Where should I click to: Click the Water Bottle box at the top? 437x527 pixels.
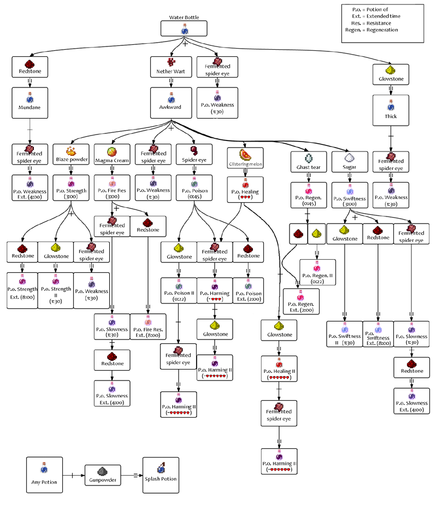coord(184,28)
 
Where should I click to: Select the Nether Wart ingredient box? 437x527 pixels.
coord(171,67)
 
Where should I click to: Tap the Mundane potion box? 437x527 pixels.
coord(30,103)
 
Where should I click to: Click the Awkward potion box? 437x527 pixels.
coord(171,103)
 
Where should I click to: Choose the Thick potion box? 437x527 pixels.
coord(391,110)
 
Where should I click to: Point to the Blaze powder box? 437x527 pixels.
coord(71,154)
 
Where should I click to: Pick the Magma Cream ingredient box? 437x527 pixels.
coord(112,154)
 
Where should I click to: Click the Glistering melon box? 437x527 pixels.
coord(245,158)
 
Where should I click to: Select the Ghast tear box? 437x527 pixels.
coord(309,162)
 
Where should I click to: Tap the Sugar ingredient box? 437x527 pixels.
coord(350,162)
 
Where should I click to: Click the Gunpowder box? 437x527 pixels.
coord(103,475)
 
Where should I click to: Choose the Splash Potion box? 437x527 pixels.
coord(161,475)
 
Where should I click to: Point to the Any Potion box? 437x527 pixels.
coord(44,475)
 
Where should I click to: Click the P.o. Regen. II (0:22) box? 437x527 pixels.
coord(317,272)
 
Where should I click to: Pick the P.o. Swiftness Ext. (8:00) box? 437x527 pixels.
coord(378,334)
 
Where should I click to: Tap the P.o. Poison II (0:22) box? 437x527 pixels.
coord(179,290)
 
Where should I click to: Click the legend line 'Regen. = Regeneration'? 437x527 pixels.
coord(371,30)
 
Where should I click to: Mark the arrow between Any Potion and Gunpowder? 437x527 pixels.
coord(74,475)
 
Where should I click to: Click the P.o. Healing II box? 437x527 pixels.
coord(279,368)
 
